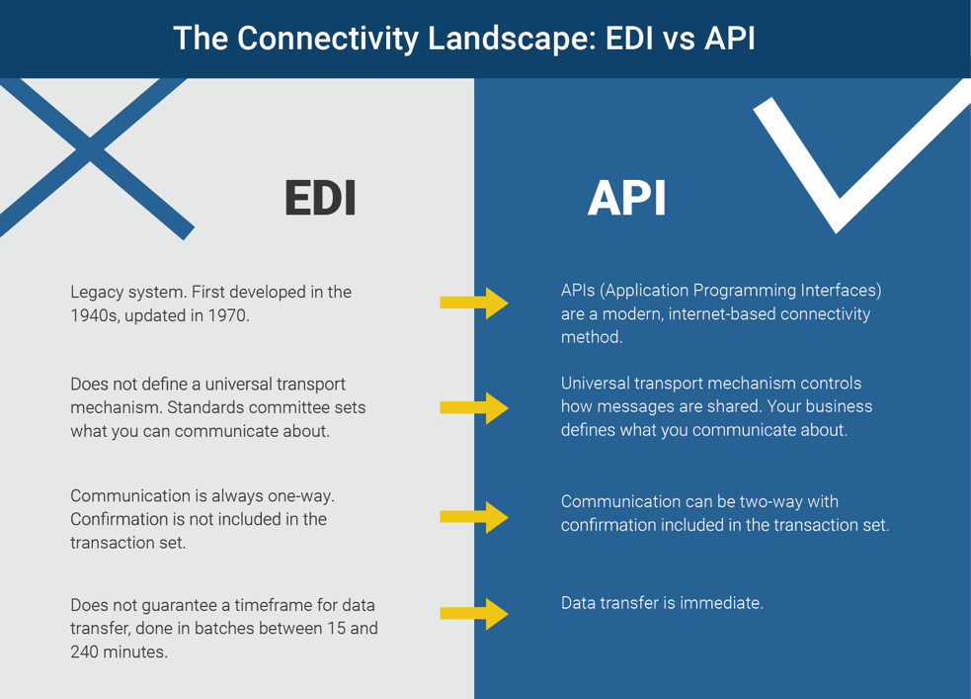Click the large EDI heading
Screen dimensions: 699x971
tap(320, 198)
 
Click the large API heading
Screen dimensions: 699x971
tap(626, 198)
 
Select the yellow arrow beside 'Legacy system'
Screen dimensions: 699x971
tap(474, 302)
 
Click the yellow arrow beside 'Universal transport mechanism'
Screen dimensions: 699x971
tap(474, 407)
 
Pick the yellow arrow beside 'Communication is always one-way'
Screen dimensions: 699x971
tap(474, 516)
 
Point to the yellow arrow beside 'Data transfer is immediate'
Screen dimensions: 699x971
tap(474, 613)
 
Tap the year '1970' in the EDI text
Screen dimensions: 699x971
tap(228, 316)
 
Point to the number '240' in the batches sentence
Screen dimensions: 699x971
tap(84, 652)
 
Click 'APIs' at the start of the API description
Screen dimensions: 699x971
tap(578, 291)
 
